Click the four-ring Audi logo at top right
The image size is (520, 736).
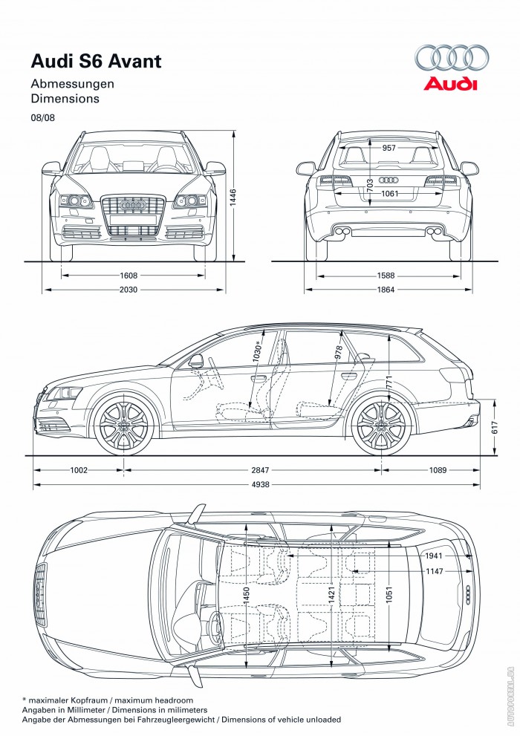tap(452, 58)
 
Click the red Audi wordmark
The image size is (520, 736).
tap(451, 84)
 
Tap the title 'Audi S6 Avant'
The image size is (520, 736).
tap(96, 62)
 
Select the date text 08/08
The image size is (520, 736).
tap(42, 117)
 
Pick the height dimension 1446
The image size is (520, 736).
tap(233, 196)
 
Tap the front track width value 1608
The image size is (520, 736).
tap(129, 275)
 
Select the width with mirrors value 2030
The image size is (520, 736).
tap(129, 290)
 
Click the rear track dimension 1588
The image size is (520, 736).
tap(386, 275)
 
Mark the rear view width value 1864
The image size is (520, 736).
tap(386, 290)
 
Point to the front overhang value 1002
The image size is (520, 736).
tap(79, 470)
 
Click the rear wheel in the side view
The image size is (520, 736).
tap(381, 426)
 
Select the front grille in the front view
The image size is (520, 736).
tap(133, 215)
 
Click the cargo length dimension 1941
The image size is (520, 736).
tap(434, 556)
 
